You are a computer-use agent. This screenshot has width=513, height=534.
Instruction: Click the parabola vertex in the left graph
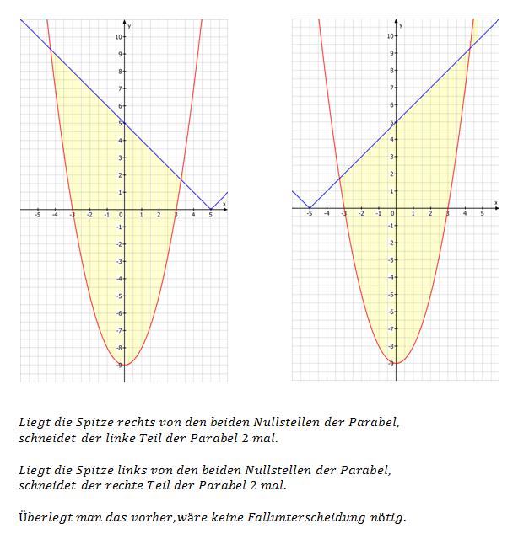pyautogui.click(x=124, y=365)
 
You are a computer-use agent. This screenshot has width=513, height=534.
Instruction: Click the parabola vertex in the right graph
pyautogui.click(x=396, y=363)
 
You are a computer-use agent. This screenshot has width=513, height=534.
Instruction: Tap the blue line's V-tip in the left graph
pyautogui.click(x=210, y=209)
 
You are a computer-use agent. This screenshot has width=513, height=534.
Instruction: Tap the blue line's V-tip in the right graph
pyautogui.click(x=310, y=208)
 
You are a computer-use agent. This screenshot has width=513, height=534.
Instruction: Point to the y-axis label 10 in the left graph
pyautogui.click(x=118, y=37)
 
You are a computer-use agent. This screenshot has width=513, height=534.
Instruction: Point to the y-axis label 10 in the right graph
pyautogui.click(x=390, y=36)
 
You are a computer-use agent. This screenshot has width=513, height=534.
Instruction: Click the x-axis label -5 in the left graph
pyautogui.click(x=37, y=215)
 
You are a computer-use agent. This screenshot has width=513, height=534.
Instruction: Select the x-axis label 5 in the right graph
pyautogui.click(x=482, y=214)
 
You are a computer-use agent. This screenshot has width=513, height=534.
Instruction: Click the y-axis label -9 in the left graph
pyautogui.click(x=118, y=365)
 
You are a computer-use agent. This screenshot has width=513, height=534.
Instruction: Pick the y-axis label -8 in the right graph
pyautogui.click(x=390, y=346)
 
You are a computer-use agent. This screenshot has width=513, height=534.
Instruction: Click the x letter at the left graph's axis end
pyautogui.click(x=224, y=203)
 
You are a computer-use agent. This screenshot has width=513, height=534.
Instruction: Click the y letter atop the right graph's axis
pyautogui.click(x=402, y=25)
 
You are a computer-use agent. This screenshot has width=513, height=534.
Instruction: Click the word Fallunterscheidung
pyautogui.click(x=316, y=516)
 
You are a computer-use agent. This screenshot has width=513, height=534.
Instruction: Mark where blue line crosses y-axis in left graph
pyautogui.click(x=124, y=123)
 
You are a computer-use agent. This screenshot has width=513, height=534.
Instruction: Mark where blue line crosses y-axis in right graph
pyautogui.click(x=396, y=122)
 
